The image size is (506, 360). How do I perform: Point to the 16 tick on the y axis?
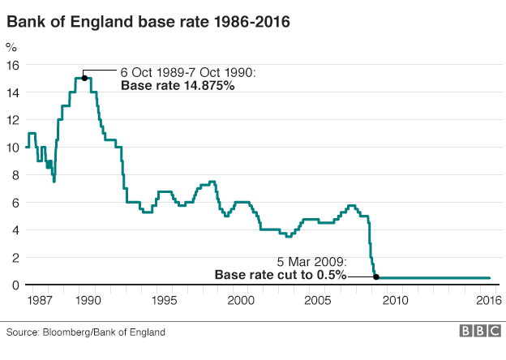pos(14,65)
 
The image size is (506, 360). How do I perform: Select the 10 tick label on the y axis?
pos(14,148)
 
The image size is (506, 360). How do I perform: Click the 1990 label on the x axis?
pos(88,301)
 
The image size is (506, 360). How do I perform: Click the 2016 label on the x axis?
pos(487,301)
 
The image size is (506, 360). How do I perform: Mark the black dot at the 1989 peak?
pos(84,79)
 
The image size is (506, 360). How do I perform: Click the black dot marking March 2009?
pos(375,277)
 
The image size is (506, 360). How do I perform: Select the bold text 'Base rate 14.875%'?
pos(178,85)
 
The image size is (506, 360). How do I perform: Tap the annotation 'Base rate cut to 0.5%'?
pos(281,275)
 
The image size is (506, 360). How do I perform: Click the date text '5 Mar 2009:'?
pos(312,262)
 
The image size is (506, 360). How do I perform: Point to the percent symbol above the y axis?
pos(11,48)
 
